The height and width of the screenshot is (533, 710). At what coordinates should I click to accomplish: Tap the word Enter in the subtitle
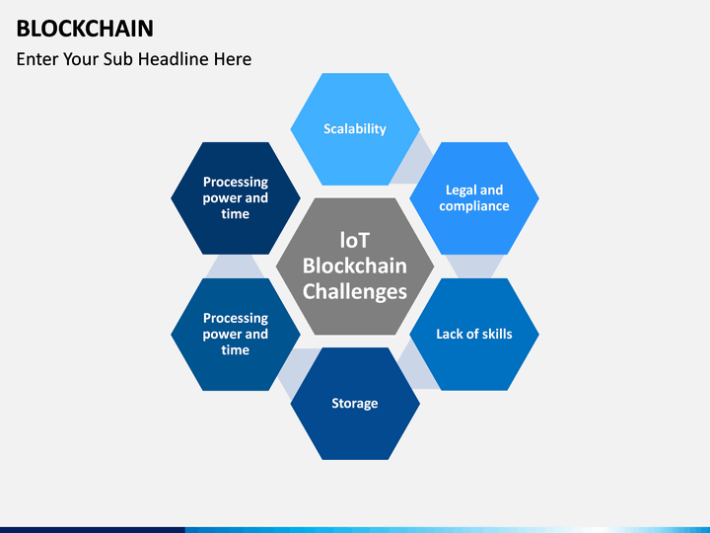[37, 59]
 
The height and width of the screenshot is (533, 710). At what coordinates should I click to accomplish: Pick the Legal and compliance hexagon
[474, 198]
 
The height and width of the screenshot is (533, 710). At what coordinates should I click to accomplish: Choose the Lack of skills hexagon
[474, 335]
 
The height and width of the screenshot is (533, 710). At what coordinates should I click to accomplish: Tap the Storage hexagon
[355, 404]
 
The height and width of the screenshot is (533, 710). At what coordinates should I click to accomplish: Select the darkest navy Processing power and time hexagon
[235, 198]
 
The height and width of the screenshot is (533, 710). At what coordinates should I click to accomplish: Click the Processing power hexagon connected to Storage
[235, 335]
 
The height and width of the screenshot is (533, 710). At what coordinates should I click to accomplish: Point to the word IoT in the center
[355, 241]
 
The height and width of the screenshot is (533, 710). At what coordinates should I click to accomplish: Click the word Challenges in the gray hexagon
[355, 291]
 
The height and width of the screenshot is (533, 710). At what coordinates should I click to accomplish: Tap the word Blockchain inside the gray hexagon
[355, 266]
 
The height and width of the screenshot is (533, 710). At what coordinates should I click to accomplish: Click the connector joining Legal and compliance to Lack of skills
[474, 266]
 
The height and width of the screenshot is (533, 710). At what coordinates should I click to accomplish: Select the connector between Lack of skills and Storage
[415, 369]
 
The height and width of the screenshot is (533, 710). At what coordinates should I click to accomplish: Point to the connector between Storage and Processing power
[295, 369]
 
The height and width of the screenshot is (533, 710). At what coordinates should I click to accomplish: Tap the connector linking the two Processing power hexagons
[235, 266]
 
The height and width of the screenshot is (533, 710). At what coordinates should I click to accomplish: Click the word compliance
[474, 206]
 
